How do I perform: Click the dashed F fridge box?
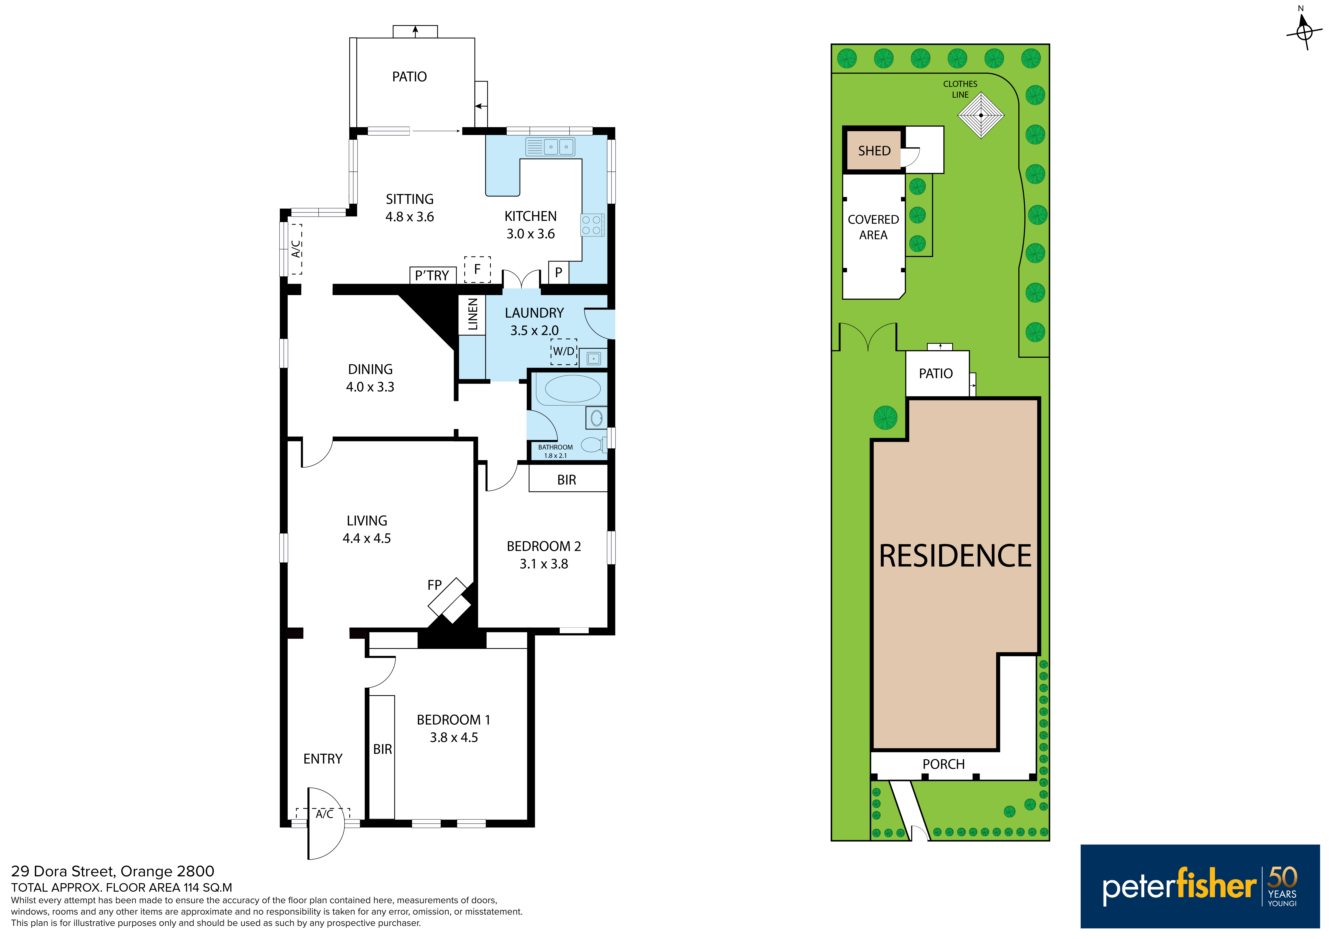click(478, 270)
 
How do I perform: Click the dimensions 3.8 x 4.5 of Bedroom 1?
click(454, 738)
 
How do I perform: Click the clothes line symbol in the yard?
click(981, 115)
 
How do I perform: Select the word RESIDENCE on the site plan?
click(955, 556)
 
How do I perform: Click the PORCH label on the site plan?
click(944, 764)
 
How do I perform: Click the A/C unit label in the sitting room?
click(296, 249)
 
